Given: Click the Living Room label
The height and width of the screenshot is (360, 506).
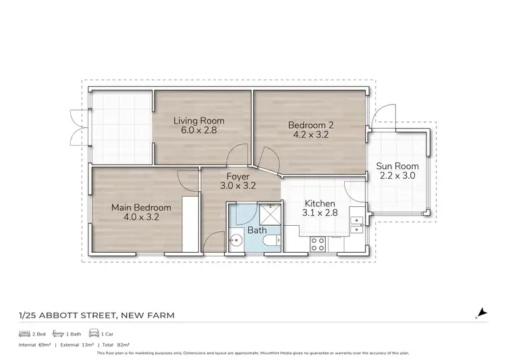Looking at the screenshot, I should click(198, 121).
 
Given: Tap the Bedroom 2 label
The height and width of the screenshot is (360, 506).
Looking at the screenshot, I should click(311, 125).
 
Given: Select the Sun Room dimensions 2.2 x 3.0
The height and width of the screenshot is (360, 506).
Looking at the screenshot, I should click(397, 175).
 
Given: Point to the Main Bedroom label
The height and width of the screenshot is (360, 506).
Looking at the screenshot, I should click(141, 208).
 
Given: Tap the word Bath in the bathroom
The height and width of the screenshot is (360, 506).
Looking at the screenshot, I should click(257, 230).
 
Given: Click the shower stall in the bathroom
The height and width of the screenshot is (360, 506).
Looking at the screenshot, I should click(271, 214).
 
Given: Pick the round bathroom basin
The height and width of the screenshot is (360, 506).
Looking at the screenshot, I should click(236, 239).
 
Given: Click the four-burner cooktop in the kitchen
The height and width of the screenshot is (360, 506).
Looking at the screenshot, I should click(317, 243).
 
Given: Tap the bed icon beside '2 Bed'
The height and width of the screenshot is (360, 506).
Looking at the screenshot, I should click(24, 334).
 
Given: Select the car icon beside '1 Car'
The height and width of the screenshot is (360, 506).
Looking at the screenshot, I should click(92, 334).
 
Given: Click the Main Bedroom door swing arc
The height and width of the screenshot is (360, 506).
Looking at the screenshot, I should click(184, 179).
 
